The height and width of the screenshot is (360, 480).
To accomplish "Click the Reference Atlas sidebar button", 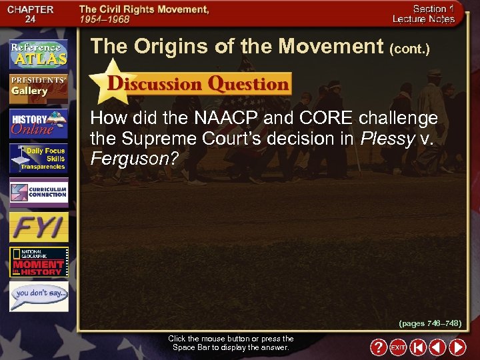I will coord(39,53).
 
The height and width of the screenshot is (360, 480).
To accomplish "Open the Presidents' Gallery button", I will coord(39,87).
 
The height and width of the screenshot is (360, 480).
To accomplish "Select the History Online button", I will coord(39,123).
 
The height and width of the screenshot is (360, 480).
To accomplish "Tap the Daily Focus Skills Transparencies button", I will coord(39,158).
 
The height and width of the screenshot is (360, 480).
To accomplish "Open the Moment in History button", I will coord(39,262).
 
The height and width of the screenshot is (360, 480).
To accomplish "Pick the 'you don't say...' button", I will coord(39,296).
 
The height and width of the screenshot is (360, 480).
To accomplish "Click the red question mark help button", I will coord(378,347).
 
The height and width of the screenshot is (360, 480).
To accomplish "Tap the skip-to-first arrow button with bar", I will coord(418,347).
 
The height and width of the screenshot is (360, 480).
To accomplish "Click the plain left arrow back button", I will coord(437,347).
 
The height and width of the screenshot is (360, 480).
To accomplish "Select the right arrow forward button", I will coord(457,347).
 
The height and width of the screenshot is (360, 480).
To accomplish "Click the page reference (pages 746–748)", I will coord(430,323).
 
